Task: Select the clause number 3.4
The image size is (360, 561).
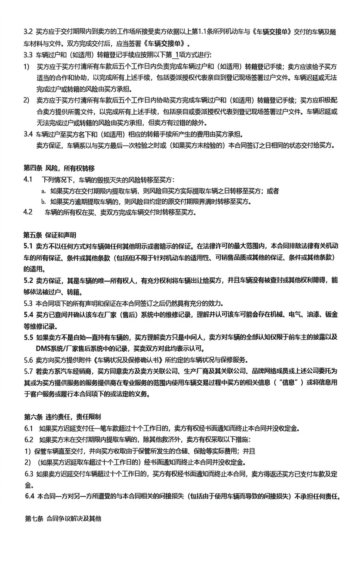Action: point(28,134)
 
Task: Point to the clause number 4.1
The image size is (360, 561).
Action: point(28,179)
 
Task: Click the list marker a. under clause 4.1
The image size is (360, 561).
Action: point(43,190)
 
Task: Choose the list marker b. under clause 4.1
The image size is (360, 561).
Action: point(43,201)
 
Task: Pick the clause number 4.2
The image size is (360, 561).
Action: point(28,212)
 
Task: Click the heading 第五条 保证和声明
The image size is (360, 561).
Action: point(50,235)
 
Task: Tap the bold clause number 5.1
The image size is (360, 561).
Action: point(28,246)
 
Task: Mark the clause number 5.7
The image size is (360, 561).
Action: point(28,371)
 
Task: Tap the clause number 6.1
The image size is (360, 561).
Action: point(28,427)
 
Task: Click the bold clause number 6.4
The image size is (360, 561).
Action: point(29,496)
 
